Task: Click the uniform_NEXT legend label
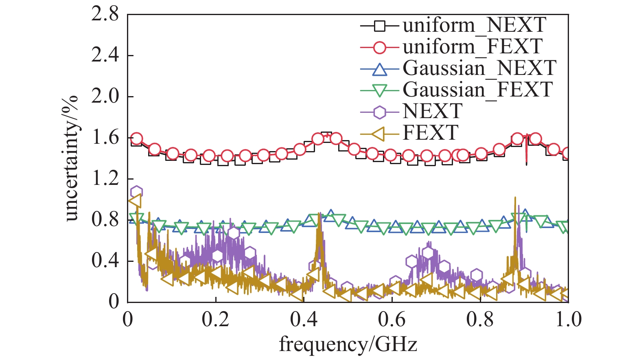tap(474, 25)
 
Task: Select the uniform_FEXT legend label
tap(473, 47)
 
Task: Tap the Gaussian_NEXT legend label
tap(479, 68)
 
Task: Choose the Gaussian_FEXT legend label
tap(478, 90)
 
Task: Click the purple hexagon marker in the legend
tap(379, 112)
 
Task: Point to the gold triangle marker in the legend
tap(379, 133)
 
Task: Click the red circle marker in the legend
tap(379, 47)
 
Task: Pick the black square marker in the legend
tap(379, 26)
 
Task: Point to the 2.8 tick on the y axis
tap(105, 15)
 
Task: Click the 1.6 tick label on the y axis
tap(105, 138)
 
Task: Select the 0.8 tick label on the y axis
tap(105, 220)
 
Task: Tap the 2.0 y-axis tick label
tap(105, 97)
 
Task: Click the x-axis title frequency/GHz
tap(348, 344)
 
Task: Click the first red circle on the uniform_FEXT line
tap(137, 139)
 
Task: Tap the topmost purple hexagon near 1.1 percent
tap(136, 192)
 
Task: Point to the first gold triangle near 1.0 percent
tap(135, 201)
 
